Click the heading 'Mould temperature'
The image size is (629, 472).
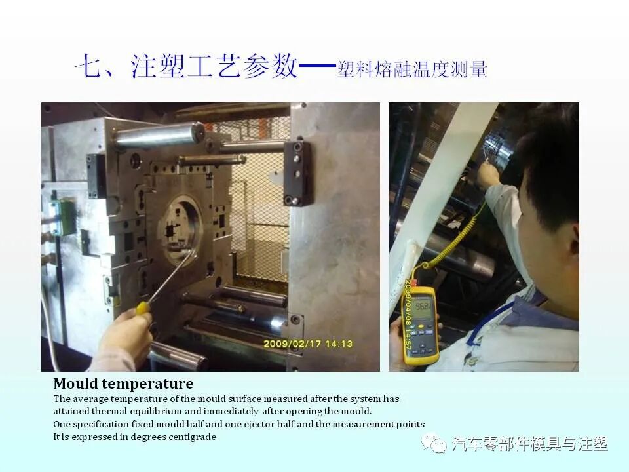point(123,383)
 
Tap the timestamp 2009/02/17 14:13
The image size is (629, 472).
point(307,344)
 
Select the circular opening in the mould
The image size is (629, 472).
point(180,229)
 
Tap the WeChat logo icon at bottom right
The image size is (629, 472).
point(434,444)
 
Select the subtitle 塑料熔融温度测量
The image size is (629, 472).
point(412,69)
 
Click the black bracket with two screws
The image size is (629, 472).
point(297,173)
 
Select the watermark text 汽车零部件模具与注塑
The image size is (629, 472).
point(530,444)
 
